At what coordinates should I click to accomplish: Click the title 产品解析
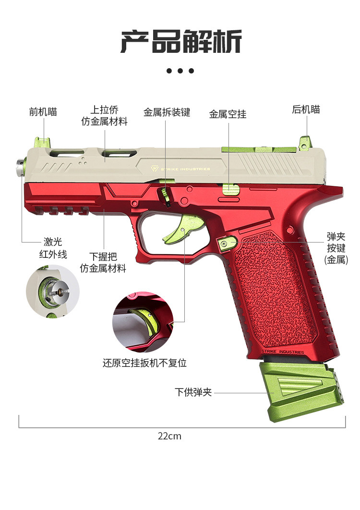[x=180, y=42]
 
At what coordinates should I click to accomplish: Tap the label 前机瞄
[x=43, y=111]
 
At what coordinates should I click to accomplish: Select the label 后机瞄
[x=306, y=109]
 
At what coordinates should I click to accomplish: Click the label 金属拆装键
[x=167, y=112]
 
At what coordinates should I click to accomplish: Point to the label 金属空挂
[x=228, y=114]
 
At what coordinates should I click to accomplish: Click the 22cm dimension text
[x=169, y=436]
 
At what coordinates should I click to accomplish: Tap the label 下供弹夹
[x=193, y=392]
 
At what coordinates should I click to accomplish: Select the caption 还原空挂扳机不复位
[x=144, y=363]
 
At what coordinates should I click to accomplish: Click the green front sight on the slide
[x=42, y=143]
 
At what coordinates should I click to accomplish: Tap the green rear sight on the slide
[x=305, y=143]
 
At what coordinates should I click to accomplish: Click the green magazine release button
[x=227, y=243]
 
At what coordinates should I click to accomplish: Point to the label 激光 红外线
[x=53, y=248]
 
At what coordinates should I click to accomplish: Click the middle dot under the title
[x=180, y=71]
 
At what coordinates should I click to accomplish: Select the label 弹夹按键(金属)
[x=336, y=248]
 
